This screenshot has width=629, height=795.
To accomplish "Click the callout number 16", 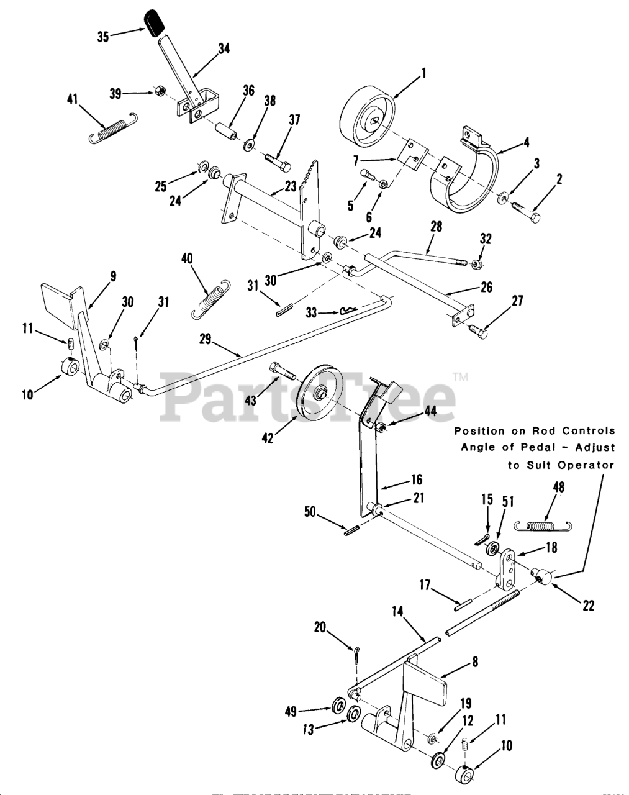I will pos(415,479).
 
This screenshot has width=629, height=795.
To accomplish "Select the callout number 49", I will pos(308,711).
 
